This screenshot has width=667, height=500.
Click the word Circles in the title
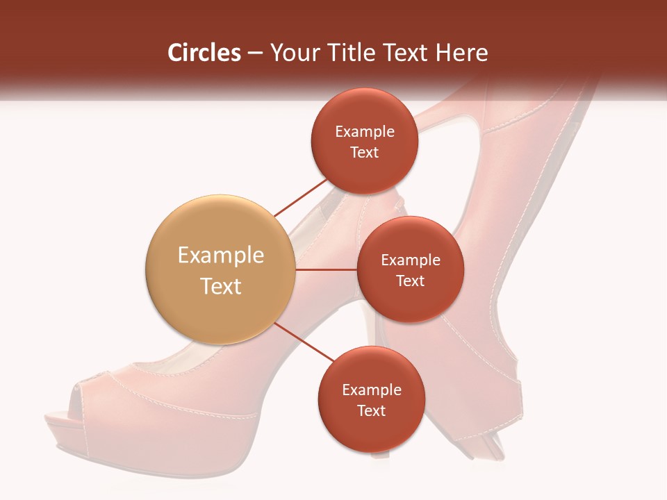pyautogui.click(x=204, y=53)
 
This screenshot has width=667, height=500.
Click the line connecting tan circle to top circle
pyautogui.click(x=300, y=197)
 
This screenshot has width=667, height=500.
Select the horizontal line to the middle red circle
pyautogui.click(x=326, y=269)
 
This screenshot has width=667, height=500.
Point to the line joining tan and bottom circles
pyautogui.click(x=304, y=344)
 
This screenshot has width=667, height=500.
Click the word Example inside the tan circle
pyautogui.click(x=220, y=256)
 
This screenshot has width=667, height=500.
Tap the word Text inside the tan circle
pyautogui.click(x=220, y=286)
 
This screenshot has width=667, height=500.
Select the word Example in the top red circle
pyautogui.click(x=364, y=132)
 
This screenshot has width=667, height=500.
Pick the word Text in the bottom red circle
pyautogui.click(x=371, y=410)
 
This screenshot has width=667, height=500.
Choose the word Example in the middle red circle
pyautogui.click(x=410, y=260)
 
